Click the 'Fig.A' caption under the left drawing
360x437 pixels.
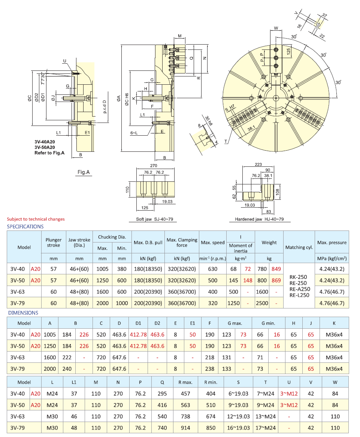coord(84,172)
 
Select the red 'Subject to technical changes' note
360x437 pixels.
coord(36,219)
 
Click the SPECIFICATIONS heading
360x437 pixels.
coord(25,226)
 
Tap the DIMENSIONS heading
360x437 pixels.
coord(23,313)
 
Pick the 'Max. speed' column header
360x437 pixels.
coord(213,242)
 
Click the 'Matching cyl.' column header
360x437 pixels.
coord(299,247)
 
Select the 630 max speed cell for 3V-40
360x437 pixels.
coord(213,269)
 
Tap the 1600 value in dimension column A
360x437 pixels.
coord(50,358)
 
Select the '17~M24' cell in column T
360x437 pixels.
coord(265,428)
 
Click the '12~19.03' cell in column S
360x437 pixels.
coord(238,416)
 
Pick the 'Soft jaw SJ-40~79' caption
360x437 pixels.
coord(154,220)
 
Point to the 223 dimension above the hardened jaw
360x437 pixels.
coord(258,165)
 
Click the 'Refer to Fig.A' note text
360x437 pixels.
coord(49,153)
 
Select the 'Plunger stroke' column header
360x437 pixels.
coord(54,242)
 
